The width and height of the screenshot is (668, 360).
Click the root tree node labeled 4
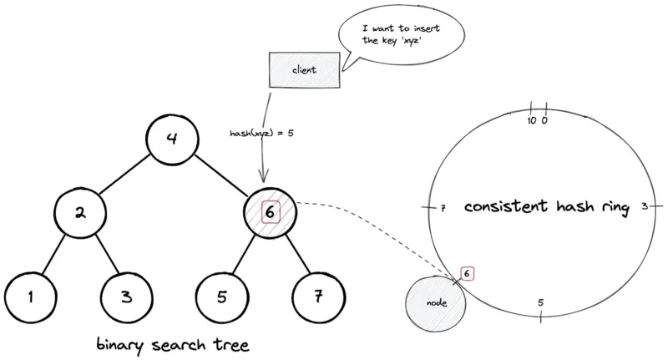click(x=173, y=139)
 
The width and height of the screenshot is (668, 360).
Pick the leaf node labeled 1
click(x=32, y=297)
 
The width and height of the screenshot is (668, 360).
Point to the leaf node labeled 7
click(x=318, y=297)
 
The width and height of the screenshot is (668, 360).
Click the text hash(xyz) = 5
click(x=261, y=133)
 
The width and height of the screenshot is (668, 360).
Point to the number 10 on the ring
click(x=532, y=120)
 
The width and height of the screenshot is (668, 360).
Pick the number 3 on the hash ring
click(x=645, y=206)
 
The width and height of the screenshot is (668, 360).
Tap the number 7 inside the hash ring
click(x=443, y=207)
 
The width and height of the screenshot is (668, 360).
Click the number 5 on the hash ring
click(x=541, y=302)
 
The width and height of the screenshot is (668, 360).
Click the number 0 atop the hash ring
click(x=544, y=120)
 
